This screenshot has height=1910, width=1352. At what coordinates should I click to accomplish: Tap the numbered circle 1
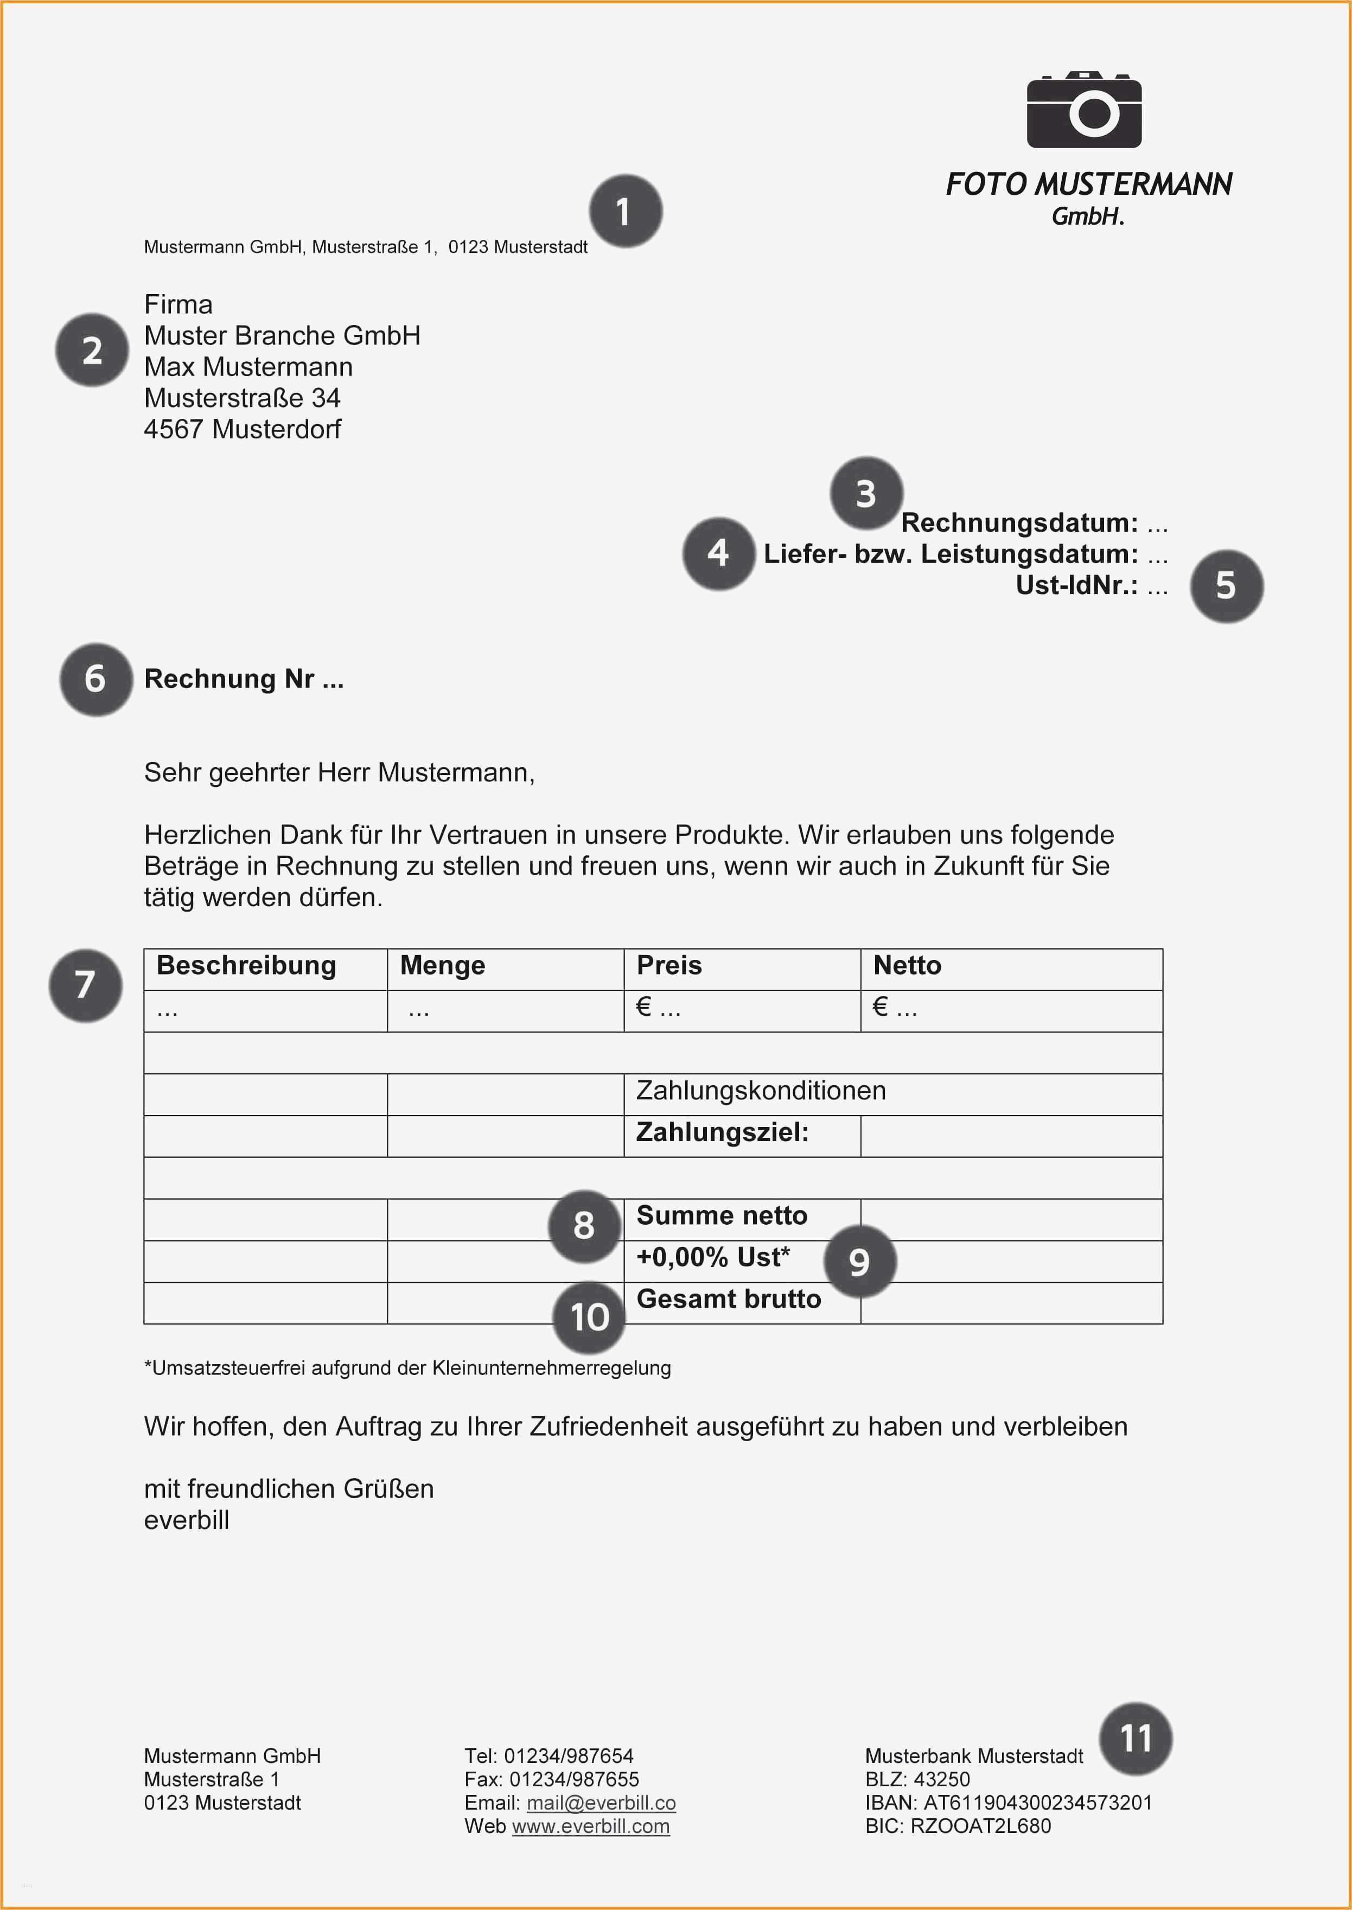[x=625, y=212]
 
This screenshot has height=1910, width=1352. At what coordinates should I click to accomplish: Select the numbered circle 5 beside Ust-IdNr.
[x=1226, y=586]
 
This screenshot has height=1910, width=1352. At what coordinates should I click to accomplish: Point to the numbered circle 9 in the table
[x=859, y=1262]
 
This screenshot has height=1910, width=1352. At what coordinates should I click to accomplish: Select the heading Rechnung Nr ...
[x=243, y=679]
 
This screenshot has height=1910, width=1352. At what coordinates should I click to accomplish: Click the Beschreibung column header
[x=246, y=966]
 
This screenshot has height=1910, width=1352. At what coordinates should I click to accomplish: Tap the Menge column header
[x=442, y=966]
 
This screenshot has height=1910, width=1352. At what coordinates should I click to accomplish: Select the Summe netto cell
[x=722, y=1215]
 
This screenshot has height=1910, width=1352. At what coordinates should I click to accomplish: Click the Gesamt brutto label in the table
[x=729, y=1300]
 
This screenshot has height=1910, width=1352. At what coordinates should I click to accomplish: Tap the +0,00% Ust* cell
[x=713, y=1257]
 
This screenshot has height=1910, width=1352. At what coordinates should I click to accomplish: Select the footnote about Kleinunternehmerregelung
[x=407, y=1368]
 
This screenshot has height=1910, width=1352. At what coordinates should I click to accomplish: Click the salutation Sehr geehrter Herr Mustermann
[x=339, y=773]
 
